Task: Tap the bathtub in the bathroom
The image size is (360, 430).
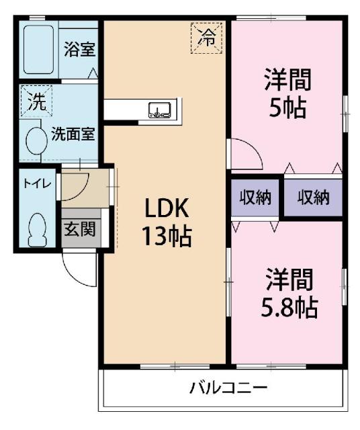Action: click(39, 50)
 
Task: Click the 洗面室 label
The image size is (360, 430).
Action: click(73, 133)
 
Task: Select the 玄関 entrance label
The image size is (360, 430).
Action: click(79, 229)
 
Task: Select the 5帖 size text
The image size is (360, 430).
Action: click(287, 107)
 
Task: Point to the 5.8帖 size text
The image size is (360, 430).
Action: click(287, 306)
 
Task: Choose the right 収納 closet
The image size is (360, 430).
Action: click(313, 198)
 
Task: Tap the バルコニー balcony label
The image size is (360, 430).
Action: click(228, 388)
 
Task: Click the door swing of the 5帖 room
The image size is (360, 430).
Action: click(246, 153)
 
